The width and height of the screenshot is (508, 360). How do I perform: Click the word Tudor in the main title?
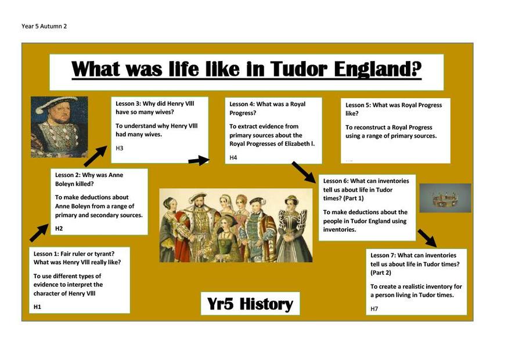(298, 69)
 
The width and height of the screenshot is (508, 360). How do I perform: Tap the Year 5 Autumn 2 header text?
(44, 26)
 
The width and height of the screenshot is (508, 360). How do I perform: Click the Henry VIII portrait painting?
(59, 127)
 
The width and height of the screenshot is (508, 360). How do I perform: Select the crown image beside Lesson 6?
(445, 198)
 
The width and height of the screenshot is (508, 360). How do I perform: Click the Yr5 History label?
(250, 304)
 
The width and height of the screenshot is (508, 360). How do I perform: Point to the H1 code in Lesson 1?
(37, 307)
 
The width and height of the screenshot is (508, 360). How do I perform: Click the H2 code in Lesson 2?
(59, 228)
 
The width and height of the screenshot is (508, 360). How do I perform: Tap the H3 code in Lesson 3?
(120, 148)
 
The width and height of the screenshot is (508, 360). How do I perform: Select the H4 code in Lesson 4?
(233, 158)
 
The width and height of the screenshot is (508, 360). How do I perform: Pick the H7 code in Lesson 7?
(374, 309)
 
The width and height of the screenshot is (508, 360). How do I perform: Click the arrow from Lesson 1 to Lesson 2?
(39, 233)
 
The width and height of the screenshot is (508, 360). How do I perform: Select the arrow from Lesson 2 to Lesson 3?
(95, 156)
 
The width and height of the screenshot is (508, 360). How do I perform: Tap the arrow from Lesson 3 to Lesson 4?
(199, 160)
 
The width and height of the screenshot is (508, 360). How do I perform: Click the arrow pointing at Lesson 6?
(304, 172)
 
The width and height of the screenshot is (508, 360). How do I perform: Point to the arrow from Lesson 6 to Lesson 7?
(427, 239)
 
